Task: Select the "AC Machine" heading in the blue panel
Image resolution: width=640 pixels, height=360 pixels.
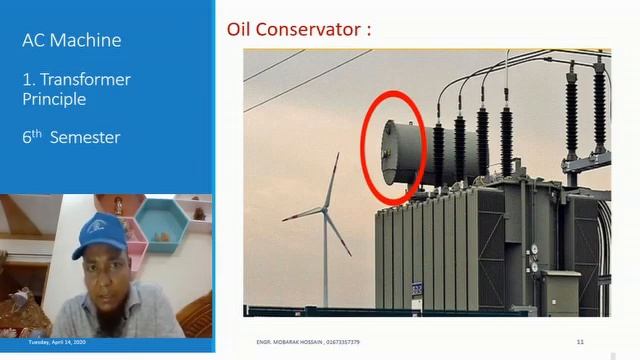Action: (x=72, y=41)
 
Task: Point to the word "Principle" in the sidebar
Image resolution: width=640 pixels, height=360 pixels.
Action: (x=54, y=99)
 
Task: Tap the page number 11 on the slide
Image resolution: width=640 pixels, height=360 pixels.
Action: (x=581, y=342)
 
